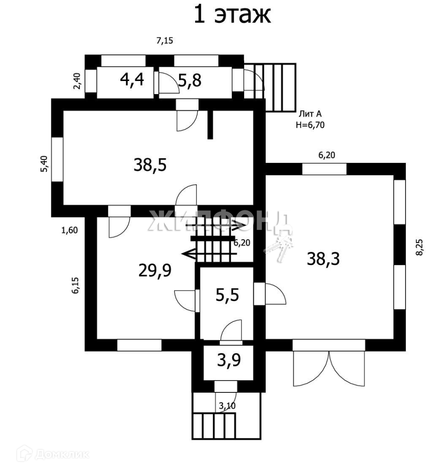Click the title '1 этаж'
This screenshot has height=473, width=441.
232,15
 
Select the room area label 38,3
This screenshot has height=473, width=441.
323,259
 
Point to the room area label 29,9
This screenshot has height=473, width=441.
155,271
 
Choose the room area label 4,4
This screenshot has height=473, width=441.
132,80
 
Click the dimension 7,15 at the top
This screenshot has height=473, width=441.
165,41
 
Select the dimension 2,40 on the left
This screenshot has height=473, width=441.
77,81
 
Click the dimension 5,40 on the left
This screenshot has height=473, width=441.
44,164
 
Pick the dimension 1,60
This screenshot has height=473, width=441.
70,230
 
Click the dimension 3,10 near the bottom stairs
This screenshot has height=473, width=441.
227,406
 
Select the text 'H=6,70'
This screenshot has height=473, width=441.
310,124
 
